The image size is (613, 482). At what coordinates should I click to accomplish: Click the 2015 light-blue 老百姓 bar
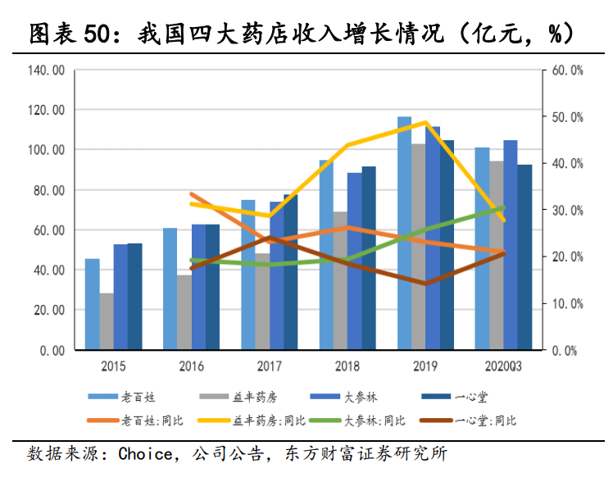coord(93,304)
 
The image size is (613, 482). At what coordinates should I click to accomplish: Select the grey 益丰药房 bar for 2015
coord(107,321)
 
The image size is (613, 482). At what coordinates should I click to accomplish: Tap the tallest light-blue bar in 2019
coord(404,233)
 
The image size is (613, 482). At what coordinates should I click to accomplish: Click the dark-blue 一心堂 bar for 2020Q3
coord(524,257)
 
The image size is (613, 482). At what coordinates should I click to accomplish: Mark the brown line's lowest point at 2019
coord(425,284)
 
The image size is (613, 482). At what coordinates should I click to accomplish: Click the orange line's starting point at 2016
coord(191,194)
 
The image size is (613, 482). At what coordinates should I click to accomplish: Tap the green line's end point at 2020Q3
coord(503,208)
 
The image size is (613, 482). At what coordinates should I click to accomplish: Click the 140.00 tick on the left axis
coord(46,70)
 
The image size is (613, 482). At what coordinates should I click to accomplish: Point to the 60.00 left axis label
coord(48,230)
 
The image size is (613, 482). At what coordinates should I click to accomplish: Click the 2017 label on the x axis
coord(269,366)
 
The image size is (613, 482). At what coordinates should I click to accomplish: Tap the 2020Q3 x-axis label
coord(503,366)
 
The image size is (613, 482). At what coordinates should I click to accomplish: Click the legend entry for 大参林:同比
coord(375,421)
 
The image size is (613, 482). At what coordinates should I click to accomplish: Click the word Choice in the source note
coord(145,454)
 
